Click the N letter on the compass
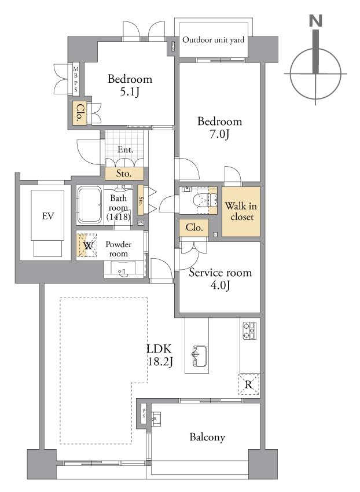coord(315,21)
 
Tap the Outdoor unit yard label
coord(213,40)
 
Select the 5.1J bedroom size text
coord(130,91)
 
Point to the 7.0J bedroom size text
coord(219,134)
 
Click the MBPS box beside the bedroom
coord(76,79)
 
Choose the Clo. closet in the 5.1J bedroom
coord(80,113)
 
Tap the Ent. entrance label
coord(125,149)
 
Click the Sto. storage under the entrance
coord(124,174)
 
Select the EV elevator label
coord(48,216)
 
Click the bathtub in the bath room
coord(90,205)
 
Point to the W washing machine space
coord(87,245)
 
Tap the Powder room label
coord(118,249)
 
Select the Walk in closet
coord(241,211)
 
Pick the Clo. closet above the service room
coord(194,227)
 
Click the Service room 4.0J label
coord(220,278)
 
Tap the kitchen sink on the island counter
coord(200,356)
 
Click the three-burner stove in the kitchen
coord(250,331)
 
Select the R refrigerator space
coord(248,384)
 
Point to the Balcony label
coord(207,437)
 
